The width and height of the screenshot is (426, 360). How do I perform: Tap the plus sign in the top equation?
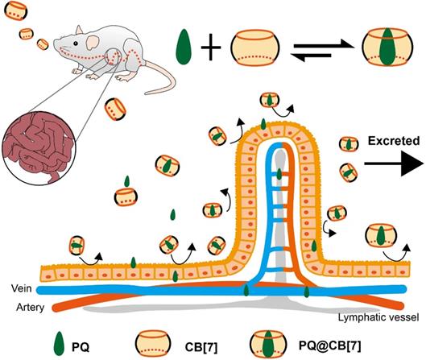pos(211,49)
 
